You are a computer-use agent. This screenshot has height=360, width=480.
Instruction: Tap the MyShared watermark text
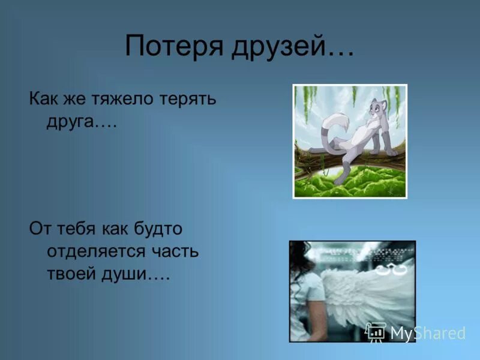tap(428, 333)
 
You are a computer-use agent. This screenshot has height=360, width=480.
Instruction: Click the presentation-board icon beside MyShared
tap(376, 332)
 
